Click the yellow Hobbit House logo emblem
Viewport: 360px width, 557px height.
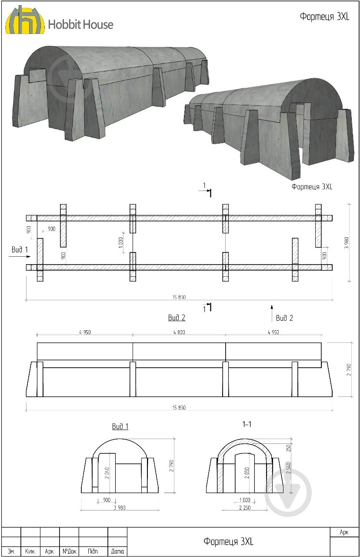tap(24, 20)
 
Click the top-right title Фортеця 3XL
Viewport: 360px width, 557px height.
tap(324, 17)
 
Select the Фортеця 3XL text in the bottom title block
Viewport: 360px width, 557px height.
tap(228, 541)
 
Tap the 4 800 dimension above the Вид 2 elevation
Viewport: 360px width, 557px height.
tap(179, 332)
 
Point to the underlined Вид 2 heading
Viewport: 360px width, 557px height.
tap(177, 318)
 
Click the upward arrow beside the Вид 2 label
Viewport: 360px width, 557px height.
tap(272, 313)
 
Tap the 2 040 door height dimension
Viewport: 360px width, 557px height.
tap(107, 470)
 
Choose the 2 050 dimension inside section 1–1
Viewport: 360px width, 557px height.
tap(247, 472)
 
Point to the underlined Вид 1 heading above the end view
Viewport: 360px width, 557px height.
tap(120, 426)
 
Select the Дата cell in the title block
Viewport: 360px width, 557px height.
tap(117, 551)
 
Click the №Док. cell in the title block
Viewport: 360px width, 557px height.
tap(70, 551)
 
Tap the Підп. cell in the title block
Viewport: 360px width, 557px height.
tap(93, 551)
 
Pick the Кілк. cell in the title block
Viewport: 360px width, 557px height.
tap(30, 551)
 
